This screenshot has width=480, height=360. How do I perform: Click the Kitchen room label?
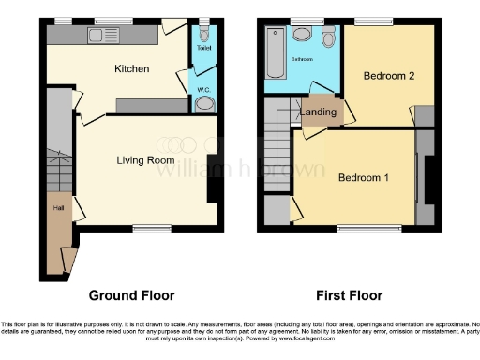[132, 68]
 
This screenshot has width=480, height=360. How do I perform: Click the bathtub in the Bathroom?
[275, 52]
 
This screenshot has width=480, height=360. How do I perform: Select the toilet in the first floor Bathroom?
[327, 38]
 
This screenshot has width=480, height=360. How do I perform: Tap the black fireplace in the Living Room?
[210, 176]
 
